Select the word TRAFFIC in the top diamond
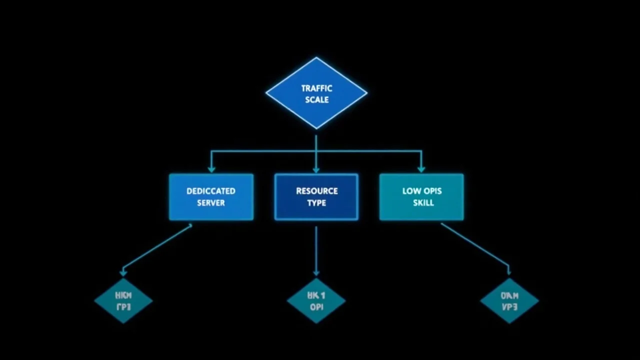[316, 88]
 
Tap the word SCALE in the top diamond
[316, 99]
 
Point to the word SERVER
[211, 203]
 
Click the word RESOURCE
[316, 191]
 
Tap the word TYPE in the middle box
[316, 203]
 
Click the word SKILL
[423, 203]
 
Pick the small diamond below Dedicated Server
[123, 300]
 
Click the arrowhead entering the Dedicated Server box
[211, 169]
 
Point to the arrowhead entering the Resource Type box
[316, 169]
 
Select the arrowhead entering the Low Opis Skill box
[421, 169]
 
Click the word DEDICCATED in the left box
[211, 191]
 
